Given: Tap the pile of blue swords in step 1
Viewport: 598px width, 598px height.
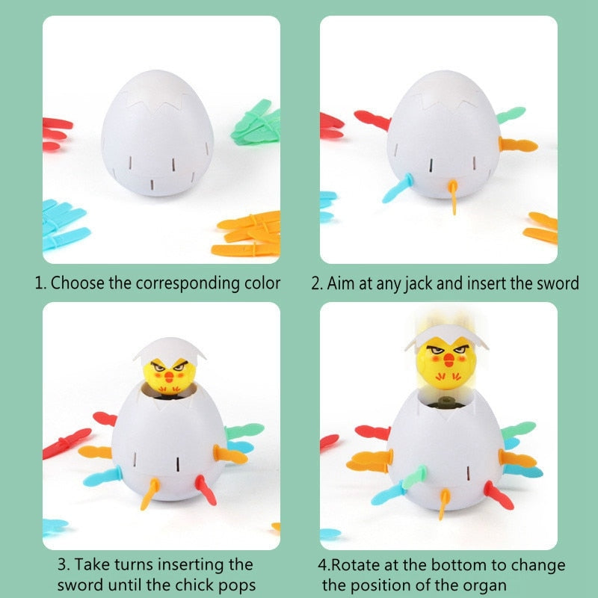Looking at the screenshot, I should pos(63,224).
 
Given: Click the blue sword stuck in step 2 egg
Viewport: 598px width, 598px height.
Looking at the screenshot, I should pos(395,189).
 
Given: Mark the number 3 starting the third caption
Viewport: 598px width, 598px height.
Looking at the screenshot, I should pos(62,564).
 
